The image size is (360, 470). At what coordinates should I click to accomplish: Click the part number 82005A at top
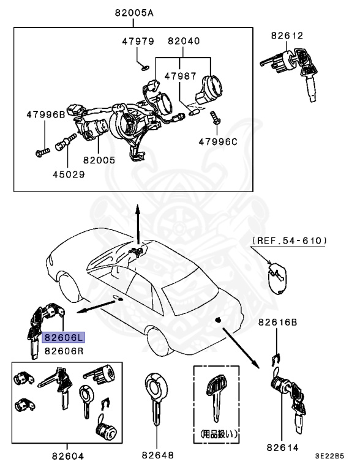[133, 13]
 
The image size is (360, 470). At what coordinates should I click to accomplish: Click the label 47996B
[45, 114]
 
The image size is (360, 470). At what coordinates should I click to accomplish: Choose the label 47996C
[217, 141]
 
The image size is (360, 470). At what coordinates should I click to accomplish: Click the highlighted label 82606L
[64, 337]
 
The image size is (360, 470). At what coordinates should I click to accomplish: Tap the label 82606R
[64, 351]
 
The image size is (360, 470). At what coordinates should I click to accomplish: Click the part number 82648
[157, 455]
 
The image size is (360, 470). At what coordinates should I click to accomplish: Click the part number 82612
[287, 35]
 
